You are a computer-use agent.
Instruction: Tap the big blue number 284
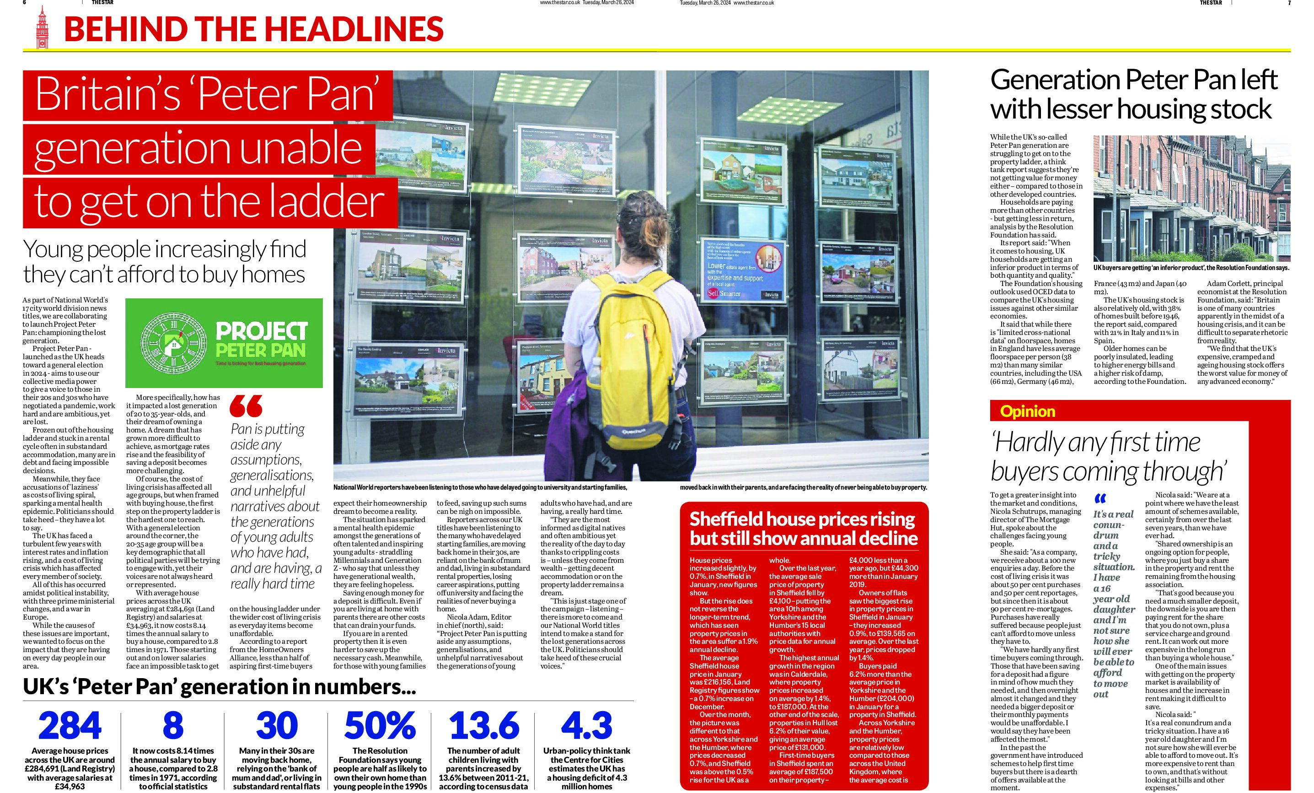(x=70, y=726)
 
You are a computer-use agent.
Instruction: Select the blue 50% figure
(x=380, y=726)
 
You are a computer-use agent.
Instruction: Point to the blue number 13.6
(x=484, y=726)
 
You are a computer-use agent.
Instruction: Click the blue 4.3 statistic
(x=587, y=726)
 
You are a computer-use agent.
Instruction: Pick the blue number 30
(x=276, y=726)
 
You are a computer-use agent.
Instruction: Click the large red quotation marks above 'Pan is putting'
(x=246, y=407)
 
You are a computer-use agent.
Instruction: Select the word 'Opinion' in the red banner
(x=1028, y=411)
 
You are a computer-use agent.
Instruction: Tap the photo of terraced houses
(x=1191, y=199)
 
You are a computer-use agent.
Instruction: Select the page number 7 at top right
(x=1289, y=3)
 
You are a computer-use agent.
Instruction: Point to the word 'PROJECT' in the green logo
(x=261, y=331)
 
